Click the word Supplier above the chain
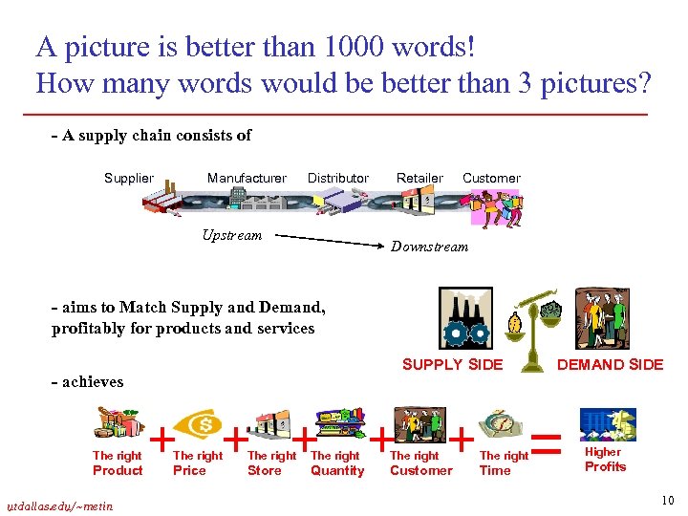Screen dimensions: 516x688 pyautogui.click(x=128, y=178)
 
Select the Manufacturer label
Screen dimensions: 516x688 pyautogui.click(x=247, y=178)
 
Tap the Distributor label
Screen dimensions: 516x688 pyautogui.click(x=337, y=178)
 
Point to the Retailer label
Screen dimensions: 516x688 pyautogui.click(x=419, y=178)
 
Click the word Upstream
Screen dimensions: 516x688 pyautogui.click(x=231, y=235)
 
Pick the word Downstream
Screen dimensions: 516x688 pyautogui.click(x=429, y=247)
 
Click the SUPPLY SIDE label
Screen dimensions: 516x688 pyautogui.click(x=452, y=364)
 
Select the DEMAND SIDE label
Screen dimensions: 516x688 pyautogui.click(x=610, y=364)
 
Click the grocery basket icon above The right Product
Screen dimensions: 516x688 pyautogui.click(x=118, y=425)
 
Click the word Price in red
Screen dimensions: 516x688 pyautogui.click(x=189, y=470)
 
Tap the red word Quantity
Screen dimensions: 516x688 pyautogui.click(x=337, y=470)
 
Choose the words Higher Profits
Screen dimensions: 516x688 pyautogui.click(x=604, y=460)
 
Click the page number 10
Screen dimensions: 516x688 pyautogui.click(x=666, y=500)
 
